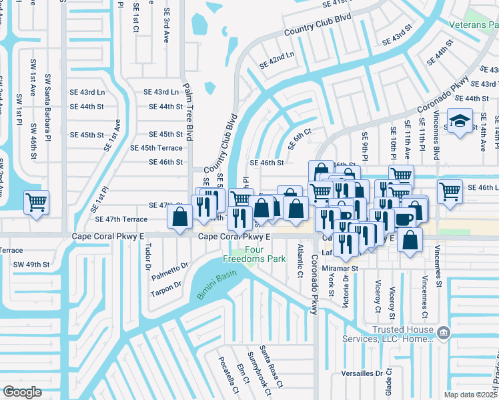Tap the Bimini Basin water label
click(212, 286)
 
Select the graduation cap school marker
click(458, 121)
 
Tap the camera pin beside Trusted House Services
click(442, 331)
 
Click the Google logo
click(22, 392)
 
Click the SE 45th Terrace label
click(156, 148)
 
